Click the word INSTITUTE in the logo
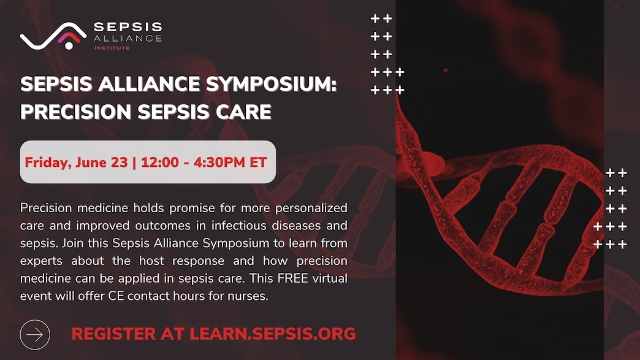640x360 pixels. [112, 48]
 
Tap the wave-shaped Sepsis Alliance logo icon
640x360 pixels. [53, 36]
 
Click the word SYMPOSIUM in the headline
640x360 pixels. [271, 84]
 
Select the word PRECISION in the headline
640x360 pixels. [77, 112]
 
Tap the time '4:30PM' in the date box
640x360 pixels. [219, 163]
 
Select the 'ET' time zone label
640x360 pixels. [258, 163]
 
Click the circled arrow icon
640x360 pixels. [35, 335]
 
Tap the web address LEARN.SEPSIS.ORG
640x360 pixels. [273, 334]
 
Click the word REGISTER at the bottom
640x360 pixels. [113, 334]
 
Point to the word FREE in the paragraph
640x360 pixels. [292, 278]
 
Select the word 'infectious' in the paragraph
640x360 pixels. [237, 226]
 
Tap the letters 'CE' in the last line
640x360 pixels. [115, 296]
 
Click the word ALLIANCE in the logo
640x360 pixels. [128, 39]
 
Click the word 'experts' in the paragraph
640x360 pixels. [41, 261]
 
